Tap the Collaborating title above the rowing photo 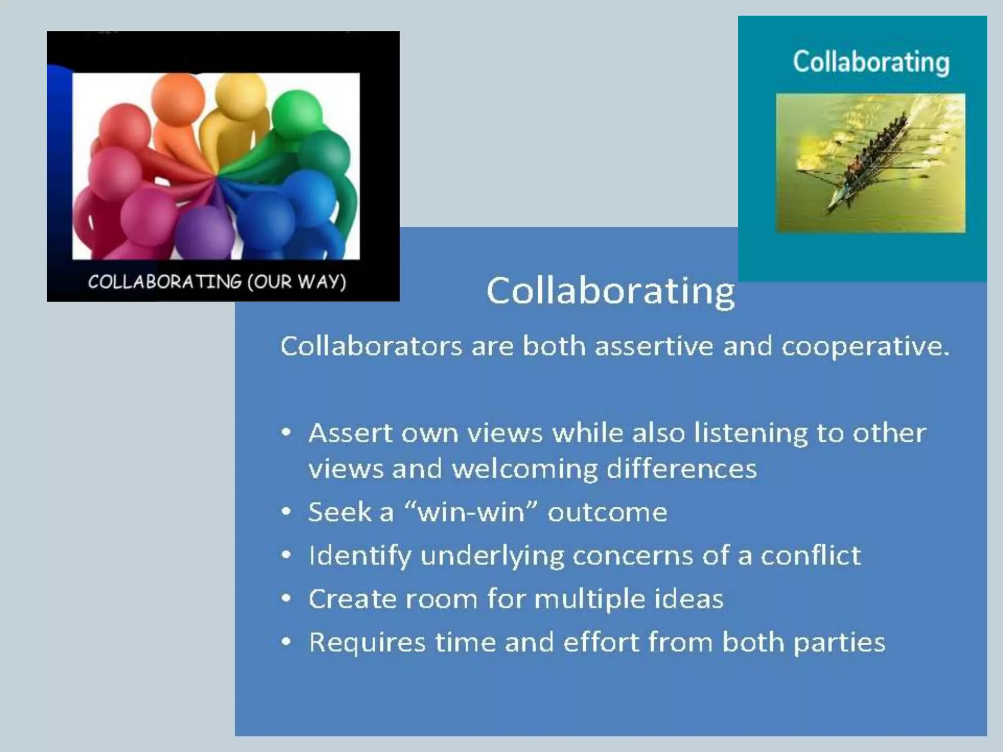(x=871, y=62)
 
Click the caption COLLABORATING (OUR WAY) (x=217, y=282)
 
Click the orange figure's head (x=177, y=98)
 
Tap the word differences (x=681, y=469)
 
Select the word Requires (x=367, y=642)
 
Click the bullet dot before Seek (x=287, y=512)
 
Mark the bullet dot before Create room (x=287, y=598)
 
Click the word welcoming (x=525, y=469)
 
